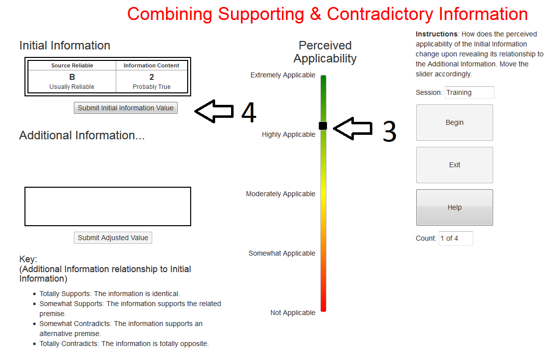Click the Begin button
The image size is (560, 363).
click(x=454, y=122)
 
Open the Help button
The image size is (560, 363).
click(x=454, y=207)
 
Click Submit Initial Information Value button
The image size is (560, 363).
click(x=126, y=108)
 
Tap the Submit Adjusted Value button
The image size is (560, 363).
click(x=113, y=238)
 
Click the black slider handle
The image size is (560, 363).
click(x=323, y=126)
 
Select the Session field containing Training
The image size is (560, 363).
click(x=469, y=92)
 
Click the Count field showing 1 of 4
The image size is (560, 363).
click(x=455, y=238)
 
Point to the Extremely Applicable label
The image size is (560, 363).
click(x=283, y=75)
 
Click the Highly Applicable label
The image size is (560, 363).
click(x=288, y=134)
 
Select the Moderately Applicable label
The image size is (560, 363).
click(x=280, y=194)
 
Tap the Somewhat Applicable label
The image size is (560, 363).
click(x=282, y=253)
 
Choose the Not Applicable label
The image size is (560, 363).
click(x=293, y=313)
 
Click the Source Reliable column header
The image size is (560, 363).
click(x=72, y=65)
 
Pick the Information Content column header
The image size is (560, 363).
click(x=151, y=65)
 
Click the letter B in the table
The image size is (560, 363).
click(x=72, y=77)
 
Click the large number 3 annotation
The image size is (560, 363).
click(x=389, y=131)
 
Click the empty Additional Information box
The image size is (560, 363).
click(x=108, y=206)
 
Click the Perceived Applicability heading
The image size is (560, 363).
click(x=325, y=52)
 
